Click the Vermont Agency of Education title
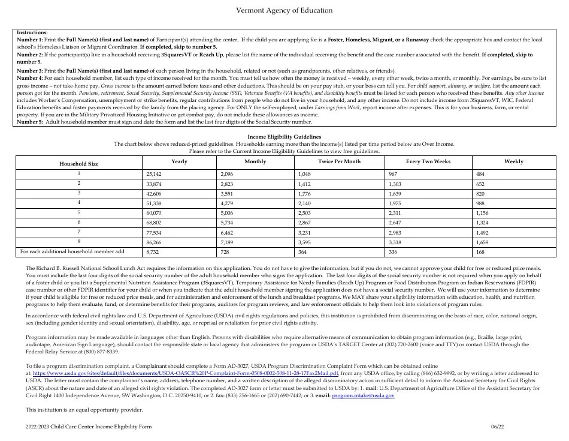pos(284,11)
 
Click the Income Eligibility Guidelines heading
pos(284,137)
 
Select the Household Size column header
pos(78,163)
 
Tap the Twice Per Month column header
pos(339,161)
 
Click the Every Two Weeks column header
pos(428,161)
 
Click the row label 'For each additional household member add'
pos(72,251)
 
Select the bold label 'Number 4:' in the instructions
pos(29,78)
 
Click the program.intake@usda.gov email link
pos(363,396)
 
